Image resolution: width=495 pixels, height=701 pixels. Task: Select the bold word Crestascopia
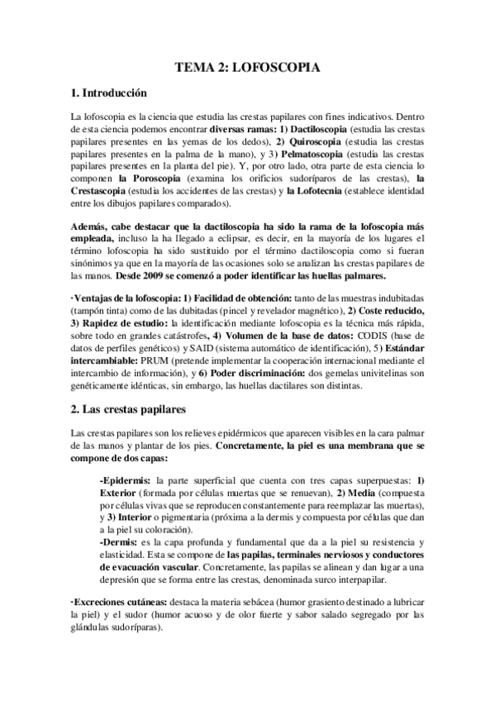105,191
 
